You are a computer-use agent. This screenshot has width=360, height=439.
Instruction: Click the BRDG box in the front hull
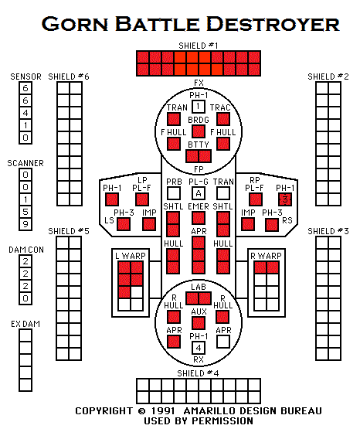coord(199,131)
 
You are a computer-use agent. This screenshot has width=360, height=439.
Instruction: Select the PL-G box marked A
coord(199,193)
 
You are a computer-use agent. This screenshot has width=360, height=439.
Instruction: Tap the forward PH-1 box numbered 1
coord(199,107)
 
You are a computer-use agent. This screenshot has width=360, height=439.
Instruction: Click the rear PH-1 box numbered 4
coord(199,348)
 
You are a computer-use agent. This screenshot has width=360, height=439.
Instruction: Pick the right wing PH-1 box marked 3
coord(285,199)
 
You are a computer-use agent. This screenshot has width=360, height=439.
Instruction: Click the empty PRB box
coord(174,193)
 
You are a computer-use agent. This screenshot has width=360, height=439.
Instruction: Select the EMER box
coord(199,218)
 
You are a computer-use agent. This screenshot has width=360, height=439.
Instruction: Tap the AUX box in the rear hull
coord(199,323)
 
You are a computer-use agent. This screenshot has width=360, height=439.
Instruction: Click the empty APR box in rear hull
coord(223,342)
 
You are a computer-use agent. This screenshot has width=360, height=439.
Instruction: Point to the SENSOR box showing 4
coord(25,113)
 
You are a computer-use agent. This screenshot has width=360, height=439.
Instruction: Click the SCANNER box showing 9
coord(25,224)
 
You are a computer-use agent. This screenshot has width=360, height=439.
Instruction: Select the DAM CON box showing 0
coord(25,298)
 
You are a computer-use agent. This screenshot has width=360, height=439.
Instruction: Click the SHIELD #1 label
coord(199,46)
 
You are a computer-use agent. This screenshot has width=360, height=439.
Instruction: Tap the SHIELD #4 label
coord(199,373)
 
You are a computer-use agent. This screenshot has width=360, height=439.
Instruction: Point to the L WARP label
coord(131,256)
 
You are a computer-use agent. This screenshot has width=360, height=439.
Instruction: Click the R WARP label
coord(267,256)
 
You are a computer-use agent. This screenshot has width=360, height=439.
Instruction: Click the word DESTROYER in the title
coord(273,24)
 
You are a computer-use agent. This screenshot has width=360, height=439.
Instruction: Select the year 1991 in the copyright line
coord(163,410)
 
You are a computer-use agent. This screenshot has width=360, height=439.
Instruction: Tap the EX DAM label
coord(25,324)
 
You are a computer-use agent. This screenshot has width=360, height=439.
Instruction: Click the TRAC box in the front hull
coord(223,119)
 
